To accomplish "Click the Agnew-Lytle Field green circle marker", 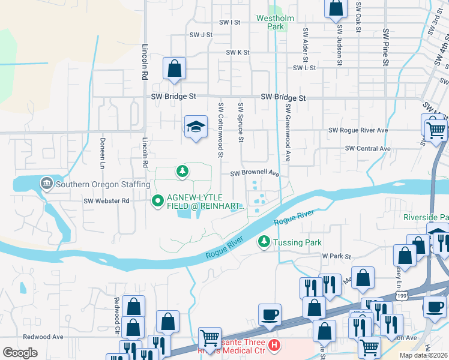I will [x=158, y=200].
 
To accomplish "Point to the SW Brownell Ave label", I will [x=256, y=173].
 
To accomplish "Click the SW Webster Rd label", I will [x=107, y=201].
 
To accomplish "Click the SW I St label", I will [x=230, y=22].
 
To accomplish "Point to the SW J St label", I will [x=201, y=35].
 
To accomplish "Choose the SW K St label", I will [x=238, y=53].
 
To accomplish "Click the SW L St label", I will [x=304, y=68].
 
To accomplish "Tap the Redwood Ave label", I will [x=43, y=337].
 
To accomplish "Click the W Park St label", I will [x=336, y=256].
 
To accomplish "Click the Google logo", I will [x=20, y=353].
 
